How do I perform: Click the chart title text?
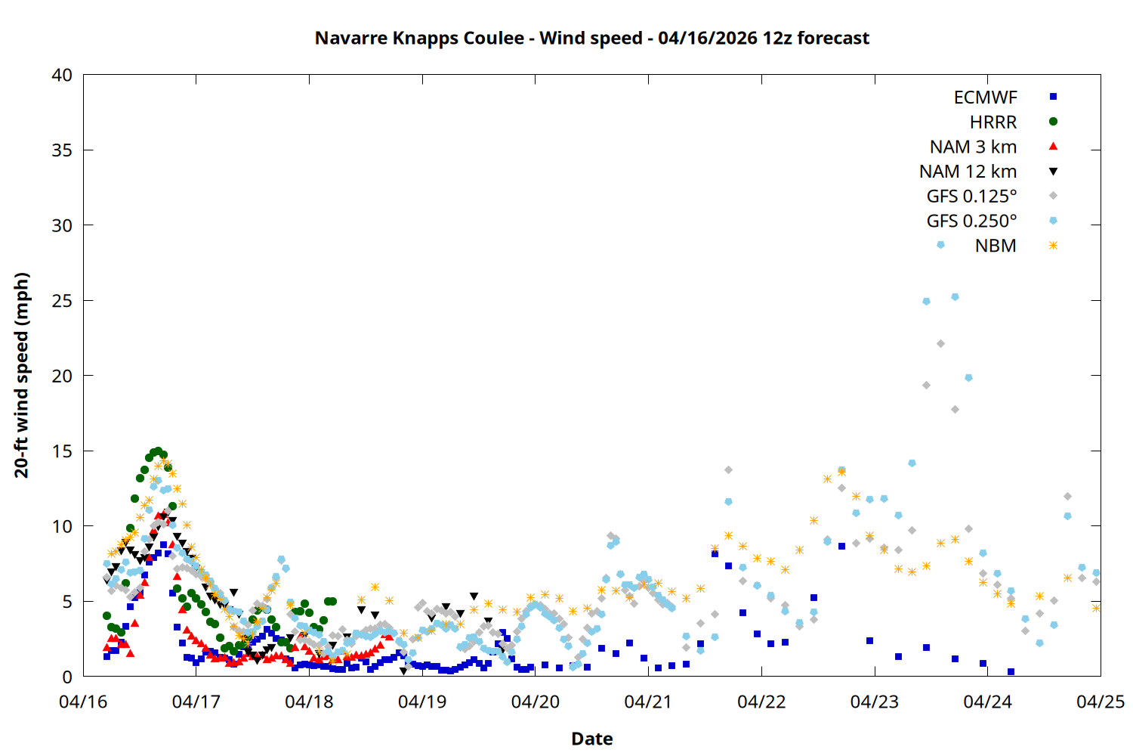[x=591, y=38]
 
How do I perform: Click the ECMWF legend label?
[x=985, y=98]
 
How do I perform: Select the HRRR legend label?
[x=993, y=122]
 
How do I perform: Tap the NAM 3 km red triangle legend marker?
[x=1053, y=146]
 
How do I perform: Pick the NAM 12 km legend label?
[x=968, y=172]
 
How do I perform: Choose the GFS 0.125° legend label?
[x=971, y=197]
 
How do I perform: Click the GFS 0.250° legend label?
[x=971, y=222]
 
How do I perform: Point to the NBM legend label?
[x=996, y=246]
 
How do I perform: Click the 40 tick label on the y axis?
[x=62, y=75]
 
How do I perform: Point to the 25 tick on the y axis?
[x=62, y=301]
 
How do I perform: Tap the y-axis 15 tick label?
[x=62, y=451]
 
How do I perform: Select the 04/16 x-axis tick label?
[x=83, y=702]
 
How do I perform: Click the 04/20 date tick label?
[x=536, y=702]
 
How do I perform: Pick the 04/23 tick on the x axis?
[x=875, y=702]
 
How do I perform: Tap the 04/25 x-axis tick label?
[x=1101, y=702]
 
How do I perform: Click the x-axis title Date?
[x=591, y=739]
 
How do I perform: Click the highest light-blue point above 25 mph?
[x=955, y=297]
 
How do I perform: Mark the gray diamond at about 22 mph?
[x=940, y=343]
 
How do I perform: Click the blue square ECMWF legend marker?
[x=1053, y=97]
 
